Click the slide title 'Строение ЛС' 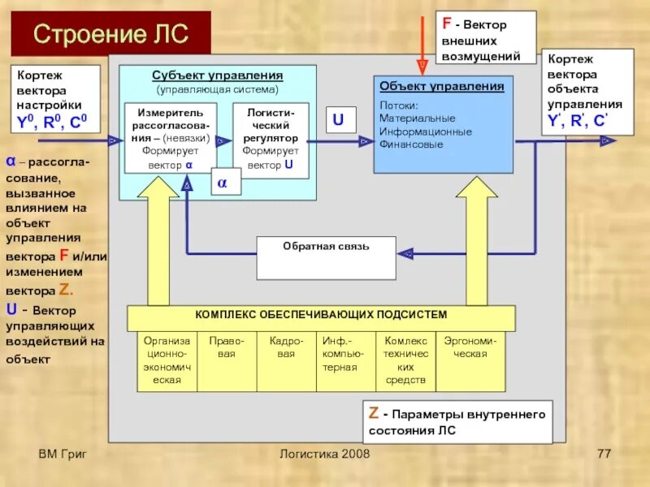(x=110, y=34)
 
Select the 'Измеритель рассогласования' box (x=171, y=137)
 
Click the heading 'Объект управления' (x=442, y=86)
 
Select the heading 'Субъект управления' (x=218, y=75)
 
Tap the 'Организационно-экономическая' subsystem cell (x=167, y=361)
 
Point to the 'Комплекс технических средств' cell (x=405, y=361)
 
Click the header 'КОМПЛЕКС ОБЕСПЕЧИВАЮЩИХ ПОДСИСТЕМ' (x=321, y=315)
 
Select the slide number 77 (x=603, y=453)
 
